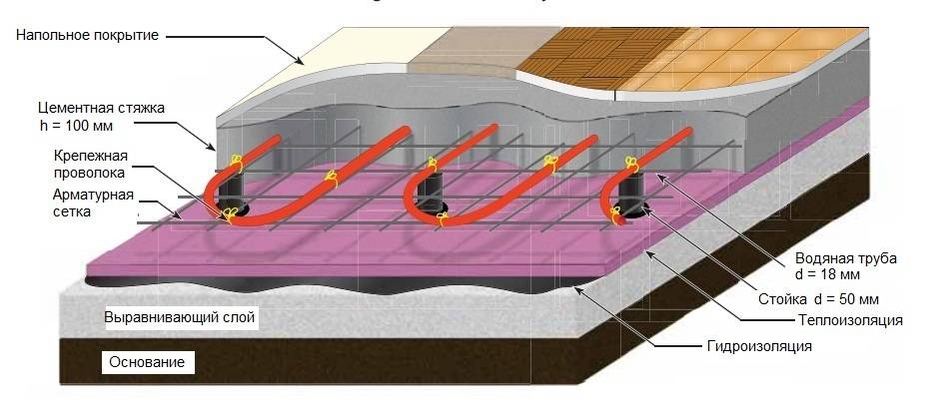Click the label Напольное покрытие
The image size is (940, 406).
tap(88, 36)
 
